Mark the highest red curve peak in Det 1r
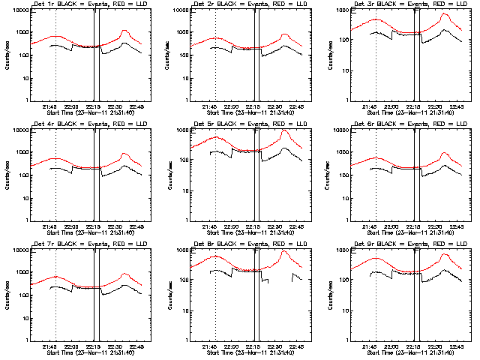(x=124, y=31)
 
